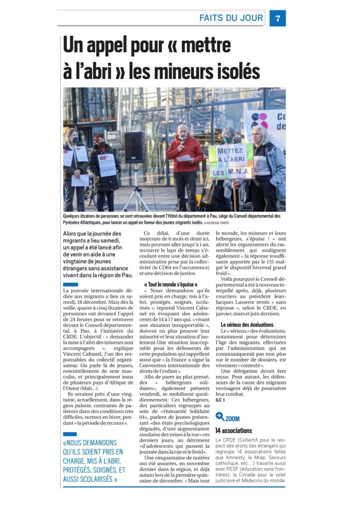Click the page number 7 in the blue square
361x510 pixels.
[277, 18]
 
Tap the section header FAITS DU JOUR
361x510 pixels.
[231, 18]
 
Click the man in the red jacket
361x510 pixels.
[185, 162]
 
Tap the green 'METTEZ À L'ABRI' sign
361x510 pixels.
[231, 161]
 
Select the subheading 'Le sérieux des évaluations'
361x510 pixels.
[247, 325]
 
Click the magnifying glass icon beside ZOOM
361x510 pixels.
[220, 416]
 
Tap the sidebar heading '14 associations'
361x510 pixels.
[234, 430]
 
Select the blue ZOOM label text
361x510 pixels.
[233, 418]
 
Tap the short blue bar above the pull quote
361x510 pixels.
[70, 434]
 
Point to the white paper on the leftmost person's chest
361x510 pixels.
[68, 158]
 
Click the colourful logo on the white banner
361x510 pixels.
[259, 121]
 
